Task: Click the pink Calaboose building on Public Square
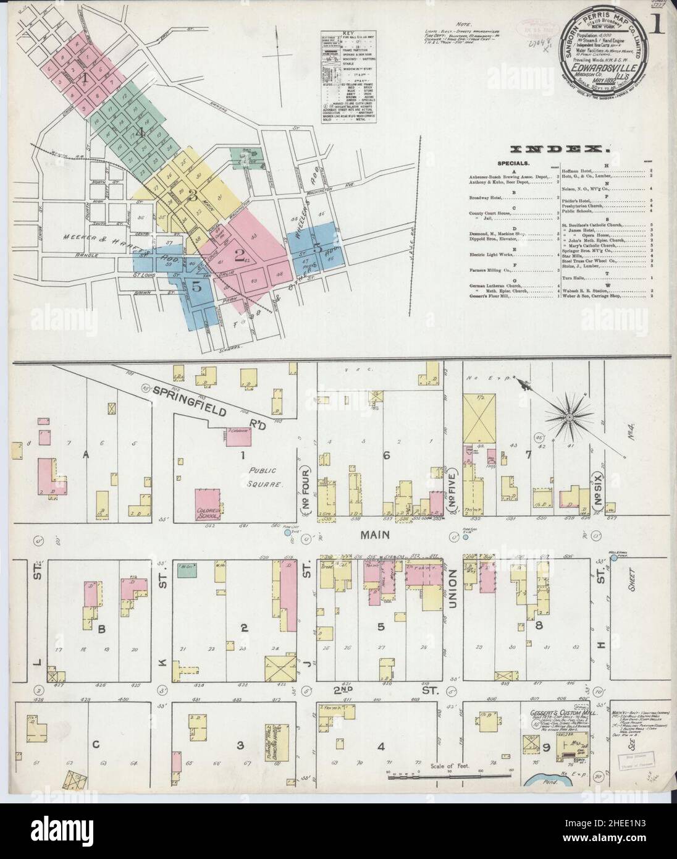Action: click(x=238, y=435)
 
